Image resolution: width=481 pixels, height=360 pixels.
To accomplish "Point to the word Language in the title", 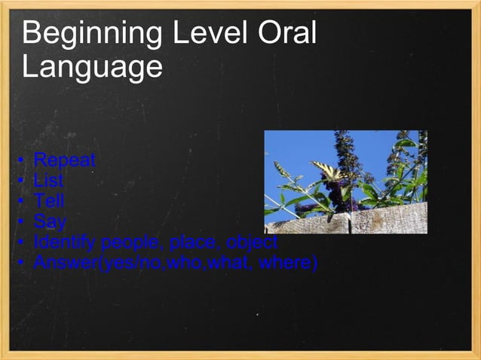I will (92, 67).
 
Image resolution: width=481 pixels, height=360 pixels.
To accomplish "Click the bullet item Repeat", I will (65, 160).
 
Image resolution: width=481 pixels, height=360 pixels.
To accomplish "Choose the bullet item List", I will (49, 181).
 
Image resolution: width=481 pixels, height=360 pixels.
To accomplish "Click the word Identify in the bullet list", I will (66, 243).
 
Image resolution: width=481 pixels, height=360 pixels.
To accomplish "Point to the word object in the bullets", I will (252, 243).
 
